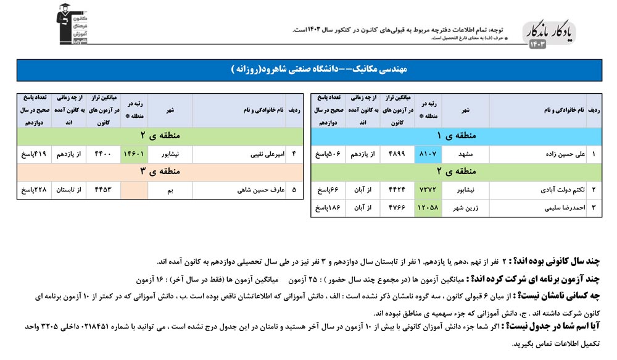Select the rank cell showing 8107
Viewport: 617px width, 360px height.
pyautogui.click(x=429, y=153)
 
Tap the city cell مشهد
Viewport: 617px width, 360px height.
pyautogui.click(x=462, y=153)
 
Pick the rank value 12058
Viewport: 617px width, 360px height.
pyautogui.click(x=429, y=208)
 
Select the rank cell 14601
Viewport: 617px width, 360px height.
pyautogui.click(x=135, y=153)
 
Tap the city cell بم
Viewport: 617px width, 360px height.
pyautogui.click(x=170, y=190)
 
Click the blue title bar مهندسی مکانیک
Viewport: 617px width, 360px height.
pyautogui.click(x=308, y=70)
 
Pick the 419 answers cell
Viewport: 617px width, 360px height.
pyautogui.click(x=32, y=153)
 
